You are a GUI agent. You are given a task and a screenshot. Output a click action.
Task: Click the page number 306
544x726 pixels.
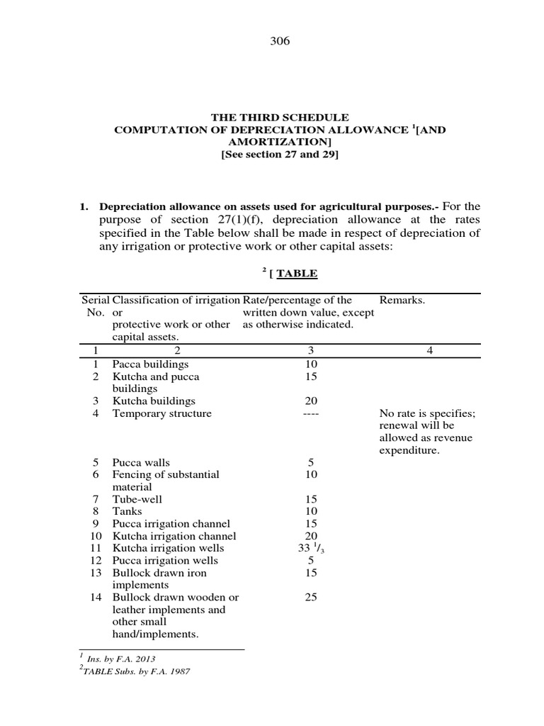tap(280, 41)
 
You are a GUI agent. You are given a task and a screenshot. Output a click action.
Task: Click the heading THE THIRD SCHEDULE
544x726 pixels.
tap(280, 117)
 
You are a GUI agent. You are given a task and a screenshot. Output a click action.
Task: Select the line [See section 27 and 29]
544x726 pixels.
tap(280, 155)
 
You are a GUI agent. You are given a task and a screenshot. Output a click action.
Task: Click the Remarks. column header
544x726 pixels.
tap(402, 300)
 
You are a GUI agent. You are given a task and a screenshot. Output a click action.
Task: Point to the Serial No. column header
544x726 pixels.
tap(95, 306)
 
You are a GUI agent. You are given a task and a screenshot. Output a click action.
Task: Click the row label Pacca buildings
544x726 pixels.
tap(150, 364)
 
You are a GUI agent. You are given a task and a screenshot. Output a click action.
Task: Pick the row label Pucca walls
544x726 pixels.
tap(141, 462)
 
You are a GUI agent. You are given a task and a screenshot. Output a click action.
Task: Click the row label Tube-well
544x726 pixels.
tap(137, 499)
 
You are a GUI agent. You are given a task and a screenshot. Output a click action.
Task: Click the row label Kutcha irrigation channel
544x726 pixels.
tap(174, 536)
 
